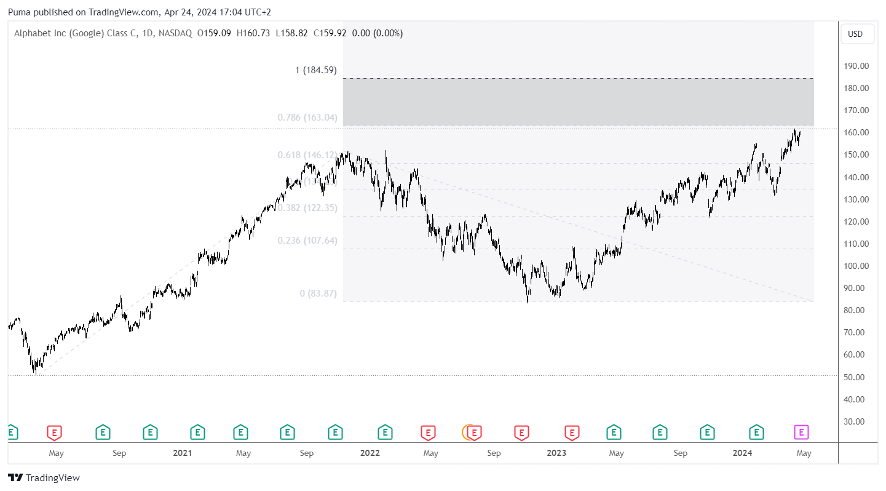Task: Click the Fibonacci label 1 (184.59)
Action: click(x=316, y=70)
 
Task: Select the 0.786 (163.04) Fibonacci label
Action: click(x=307, y=117)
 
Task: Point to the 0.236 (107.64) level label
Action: click(x=307, y=241)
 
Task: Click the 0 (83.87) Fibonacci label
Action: click(x=318, y=293)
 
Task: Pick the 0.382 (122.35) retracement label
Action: click(x=307, y=208)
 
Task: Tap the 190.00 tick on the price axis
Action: click(x=856, y=66)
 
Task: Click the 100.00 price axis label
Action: click(x=856, y=266)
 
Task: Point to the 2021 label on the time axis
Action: click(x=183, y=453)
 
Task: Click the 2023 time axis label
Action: click(x=556, y=453)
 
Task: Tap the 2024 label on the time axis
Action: click(x=743, y=453)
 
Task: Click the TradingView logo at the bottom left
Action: click(x=44, y=477)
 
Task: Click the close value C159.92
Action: click(x=329, y=33)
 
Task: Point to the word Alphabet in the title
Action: click(x=33, y=33)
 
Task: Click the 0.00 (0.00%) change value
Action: click(x=377, y=33)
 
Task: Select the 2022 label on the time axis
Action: click(x=370, y=453)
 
